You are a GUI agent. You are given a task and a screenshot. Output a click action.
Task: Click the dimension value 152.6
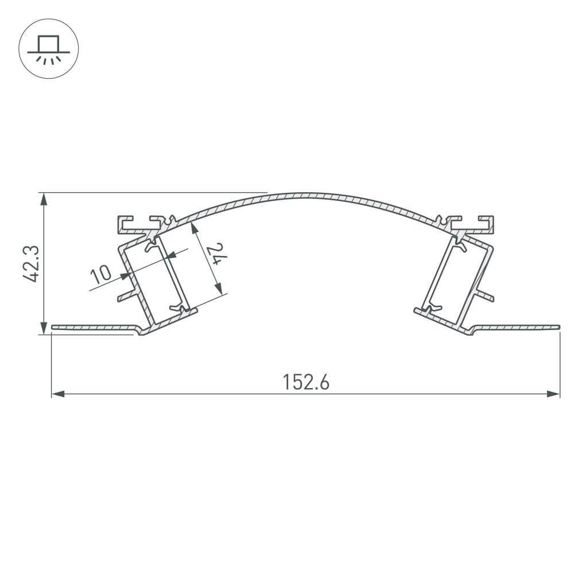coord(306,382)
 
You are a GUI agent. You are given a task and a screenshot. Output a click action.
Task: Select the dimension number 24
coord(214,253)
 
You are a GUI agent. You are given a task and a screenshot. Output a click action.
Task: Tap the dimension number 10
coord(101,274)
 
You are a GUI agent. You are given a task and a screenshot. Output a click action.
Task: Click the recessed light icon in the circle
coord(49,49)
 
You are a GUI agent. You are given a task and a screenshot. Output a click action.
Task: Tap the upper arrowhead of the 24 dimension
coord(195,228)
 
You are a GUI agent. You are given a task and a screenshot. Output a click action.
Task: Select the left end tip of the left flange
coord(53,327)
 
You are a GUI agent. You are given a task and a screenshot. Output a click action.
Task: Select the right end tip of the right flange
coord(558,327)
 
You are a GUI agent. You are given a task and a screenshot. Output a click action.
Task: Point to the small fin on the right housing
coord(484,296)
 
